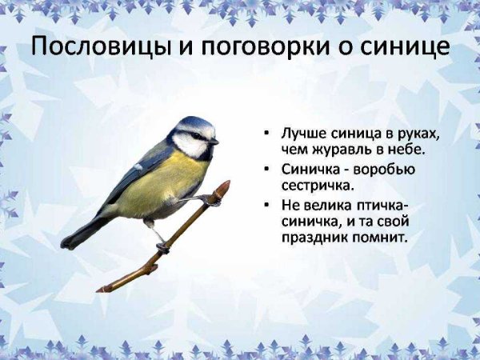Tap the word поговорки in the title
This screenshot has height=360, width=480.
pos(269,46)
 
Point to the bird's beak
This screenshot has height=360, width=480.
pos(214,142)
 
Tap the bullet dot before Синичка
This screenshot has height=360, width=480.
pos(266,169)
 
